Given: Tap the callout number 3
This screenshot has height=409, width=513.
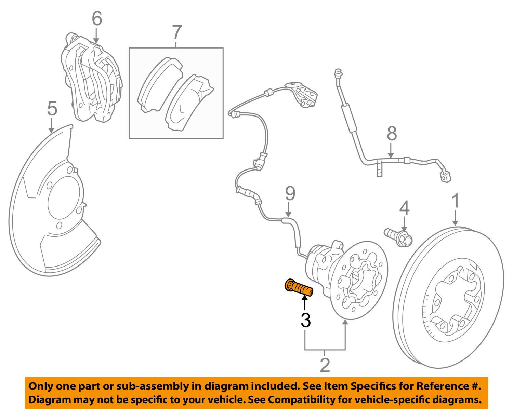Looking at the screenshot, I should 305,320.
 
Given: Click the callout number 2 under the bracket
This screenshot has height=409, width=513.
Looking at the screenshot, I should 325,365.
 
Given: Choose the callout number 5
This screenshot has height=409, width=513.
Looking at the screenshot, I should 52,109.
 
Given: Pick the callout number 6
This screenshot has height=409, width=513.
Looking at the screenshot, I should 97,19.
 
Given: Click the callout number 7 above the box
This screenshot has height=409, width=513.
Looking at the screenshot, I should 176,33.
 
